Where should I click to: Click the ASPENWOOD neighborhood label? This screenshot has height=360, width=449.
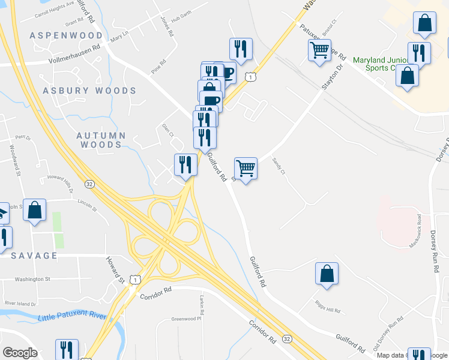66,35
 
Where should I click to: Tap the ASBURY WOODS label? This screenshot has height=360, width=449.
89,91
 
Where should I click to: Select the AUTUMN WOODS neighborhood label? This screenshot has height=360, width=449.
101,140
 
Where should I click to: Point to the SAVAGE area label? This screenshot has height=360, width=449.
34,256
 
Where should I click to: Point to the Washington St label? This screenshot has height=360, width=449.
33,279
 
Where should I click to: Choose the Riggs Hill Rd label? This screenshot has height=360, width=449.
327,311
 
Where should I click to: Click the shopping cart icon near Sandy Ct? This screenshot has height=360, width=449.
246,169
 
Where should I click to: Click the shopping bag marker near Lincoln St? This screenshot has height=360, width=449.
34,211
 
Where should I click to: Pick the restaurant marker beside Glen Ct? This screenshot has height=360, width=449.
185,164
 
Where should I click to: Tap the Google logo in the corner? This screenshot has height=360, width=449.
20,353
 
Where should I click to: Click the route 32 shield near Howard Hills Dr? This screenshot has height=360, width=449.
89,184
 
